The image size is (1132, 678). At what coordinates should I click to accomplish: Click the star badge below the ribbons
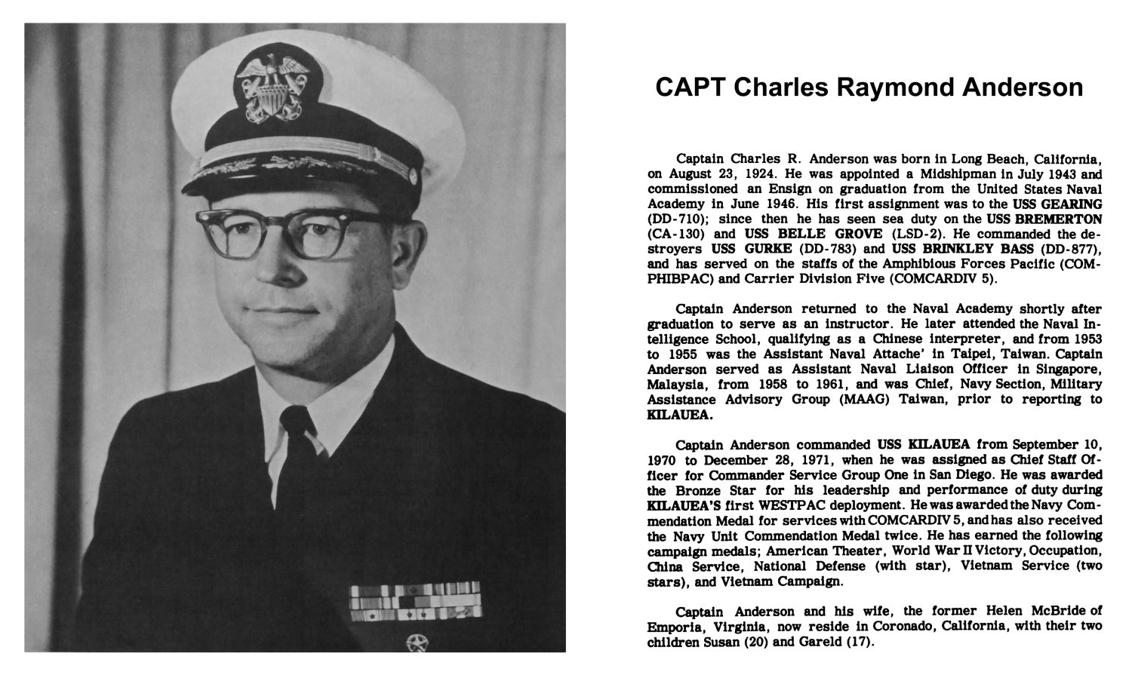(416, 643)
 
